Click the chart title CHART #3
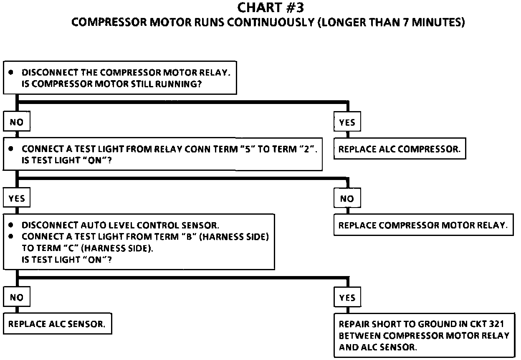click(x=271, y=8)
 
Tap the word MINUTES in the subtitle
click(x=437, y=22)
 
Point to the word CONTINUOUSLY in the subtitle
click(x=271, y=22)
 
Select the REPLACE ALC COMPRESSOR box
click(x=400, y=149)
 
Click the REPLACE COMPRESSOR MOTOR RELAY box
click(x=424, y=225)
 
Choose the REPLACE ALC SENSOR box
click(x=58, y=324)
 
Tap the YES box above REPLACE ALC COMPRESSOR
click(x=347, y=122)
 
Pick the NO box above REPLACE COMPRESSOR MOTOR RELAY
click(x=347, y=198)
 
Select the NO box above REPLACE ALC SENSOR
click(x=17, y=297)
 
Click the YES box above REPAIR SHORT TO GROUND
click(x=347, y=297)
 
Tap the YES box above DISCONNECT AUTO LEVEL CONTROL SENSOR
click(x=17, y=198)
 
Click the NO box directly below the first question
click(x=17, y=122)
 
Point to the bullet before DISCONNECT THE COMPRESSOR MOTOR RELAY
click(x=11, y=72)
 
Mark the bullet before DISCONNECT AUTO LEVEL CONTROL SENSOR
click(x=11, y=225)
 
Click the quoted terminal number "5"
click(x=248, y=149)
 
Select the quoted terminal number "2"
click(x=307, y=149)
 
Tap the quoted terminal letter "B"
click(x=189, y=236)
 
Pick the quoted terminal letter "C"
click(x=71, y=248)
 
